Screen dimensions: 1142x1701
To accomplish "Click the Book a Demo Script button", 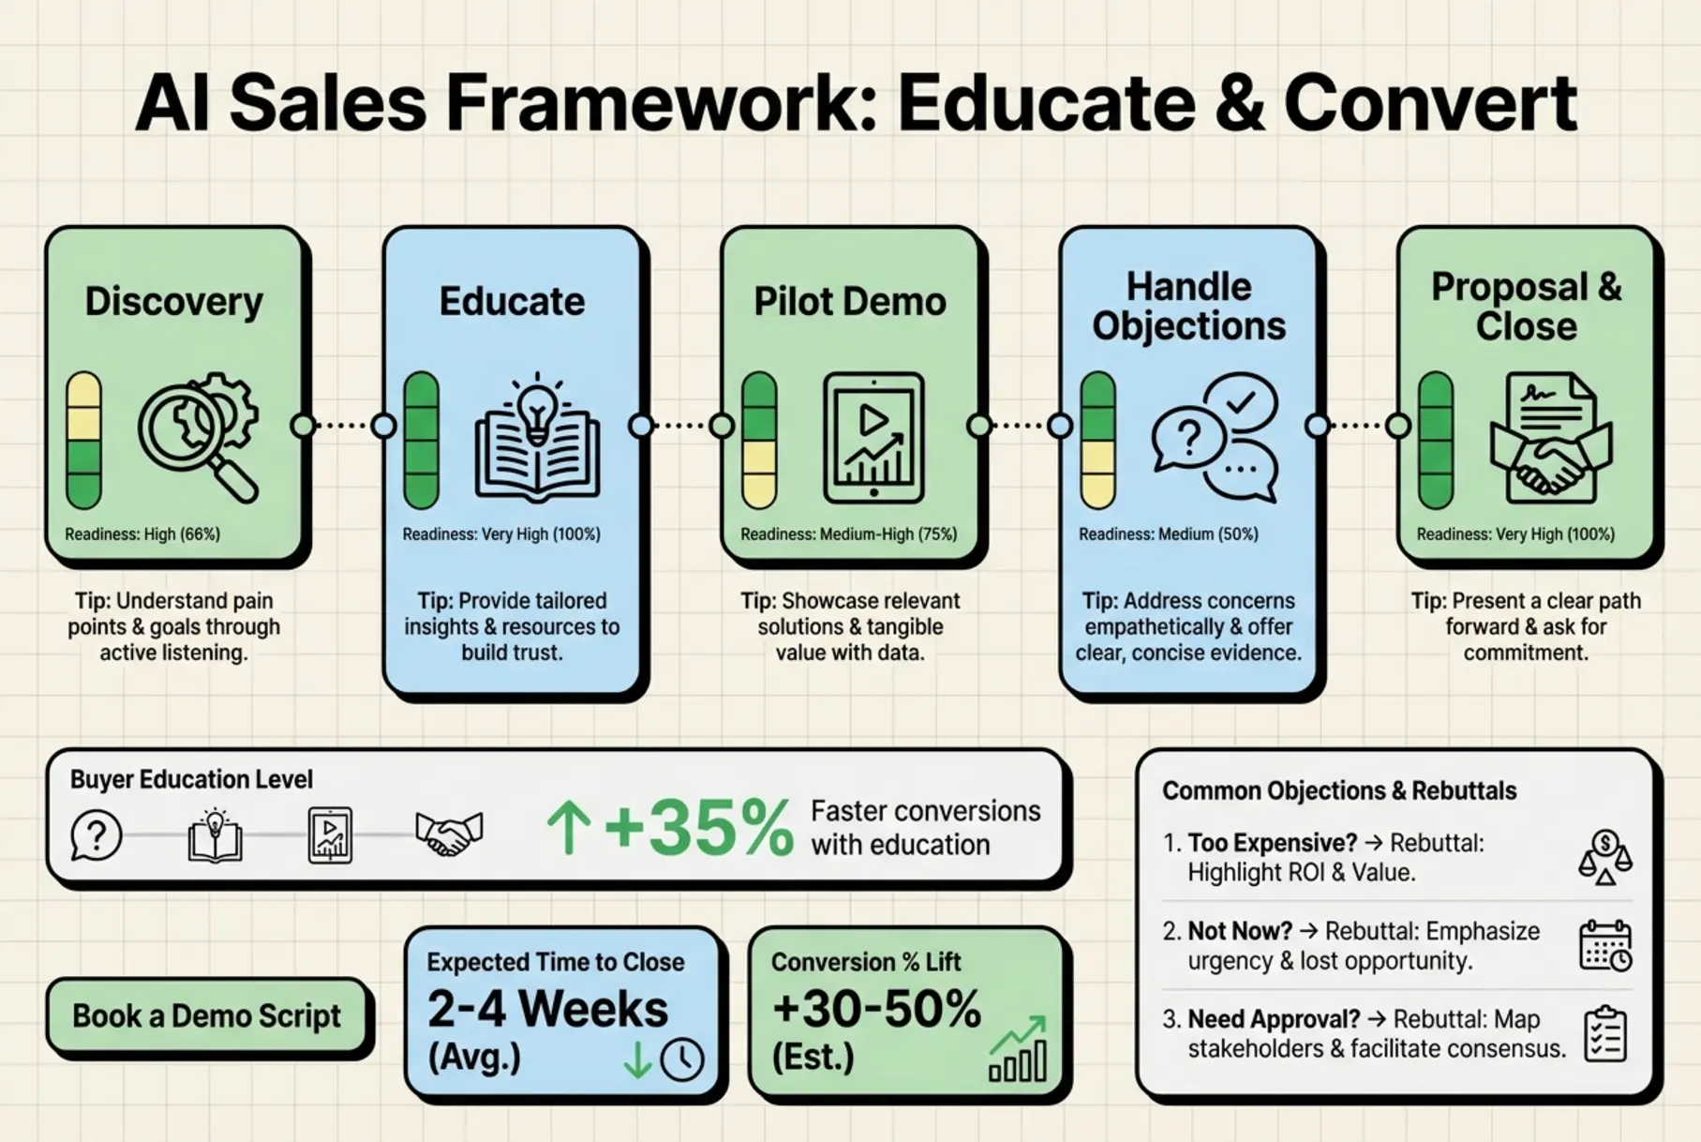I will [206, 1016].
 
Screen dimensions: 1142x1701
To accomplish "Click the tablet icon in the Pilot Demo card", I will [873, 437].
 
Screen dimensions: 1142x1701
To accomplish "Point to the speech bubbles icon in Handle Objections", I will [1215, 437].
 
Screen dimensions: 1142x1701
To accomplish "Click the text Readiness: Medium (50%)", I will [1168, 534].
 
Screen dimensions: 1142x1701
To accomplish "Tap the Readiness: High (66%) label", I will [142, 534].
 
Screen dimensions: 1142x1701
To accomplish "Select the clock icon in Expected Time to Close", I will [682, 1059].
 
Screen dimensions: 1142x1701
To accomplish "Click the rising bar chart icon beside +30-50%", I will [1019, 1050].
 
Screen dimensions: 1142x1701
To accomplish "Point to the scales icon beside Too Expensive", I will [1605, 857].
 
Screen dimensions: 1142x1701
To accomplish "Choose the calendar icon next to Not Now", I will [1605, 945].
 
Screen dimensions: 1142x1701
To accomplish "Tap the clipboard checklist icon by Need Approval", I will [1605, 1034].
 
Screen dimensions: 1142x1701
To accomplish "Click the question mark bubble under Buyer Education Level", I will [96, 834].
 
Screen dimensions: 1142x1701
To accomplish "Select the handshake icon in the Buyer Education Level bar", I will [449, 834].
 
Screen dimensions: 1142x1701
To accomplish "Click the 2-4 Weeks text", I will [547, 1010].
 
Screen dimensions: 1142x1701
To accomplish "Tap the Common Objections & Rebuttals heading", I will [1339, 791].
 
